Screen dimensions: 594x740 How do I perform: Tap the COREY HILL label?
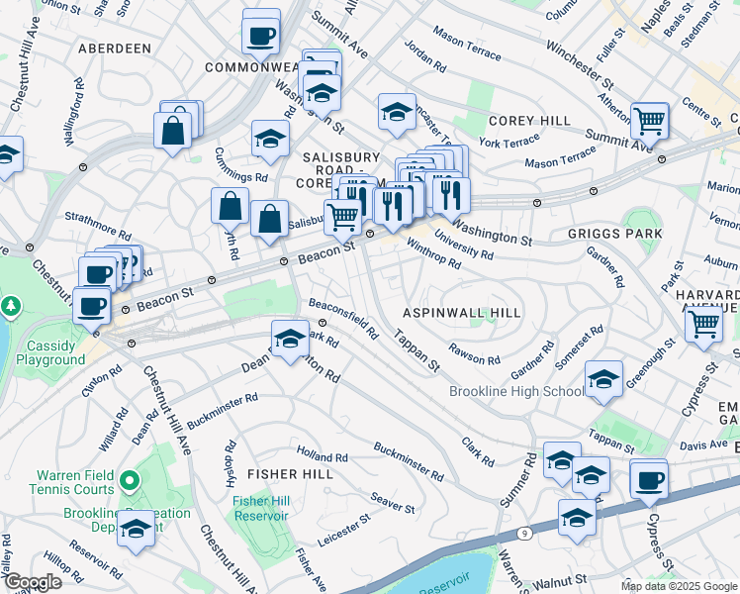pyautogui.click(x=529, y=121)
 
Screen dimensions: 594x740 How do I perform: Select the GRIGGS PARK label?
pyautogui.click(x=614, y=235)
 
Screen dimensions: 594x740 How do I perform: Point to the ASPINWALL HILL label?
pyautogui.click(x=461, y=312)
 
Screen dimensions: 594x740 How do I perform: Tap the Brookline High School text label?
pyautogui.click(x=516, y=391)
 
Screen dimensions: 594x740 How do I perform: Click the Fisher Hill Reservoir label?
pyautogui.click(x=260, y=508)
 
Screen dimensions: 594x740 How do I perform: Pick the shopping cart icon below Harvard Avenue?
pyautogui.click(x=702, y=323)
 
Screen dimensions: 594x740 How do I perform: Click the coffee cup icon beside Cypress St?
pyautogui.click(x=649, y=480)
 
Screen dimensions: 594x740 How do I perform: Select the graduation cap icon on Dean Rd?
pyautogui.click(x=289, y=340)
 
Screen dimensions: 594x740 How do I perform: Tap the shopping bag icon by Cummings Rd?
pyautogui.click(x=230, y=206)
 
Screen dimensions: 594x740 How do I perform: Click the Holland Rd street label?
pyautogui.click(x=328, y=456)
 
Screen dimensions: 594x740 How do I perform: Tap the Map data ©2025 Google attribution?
pyautogui.click(x=679, y=586)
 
